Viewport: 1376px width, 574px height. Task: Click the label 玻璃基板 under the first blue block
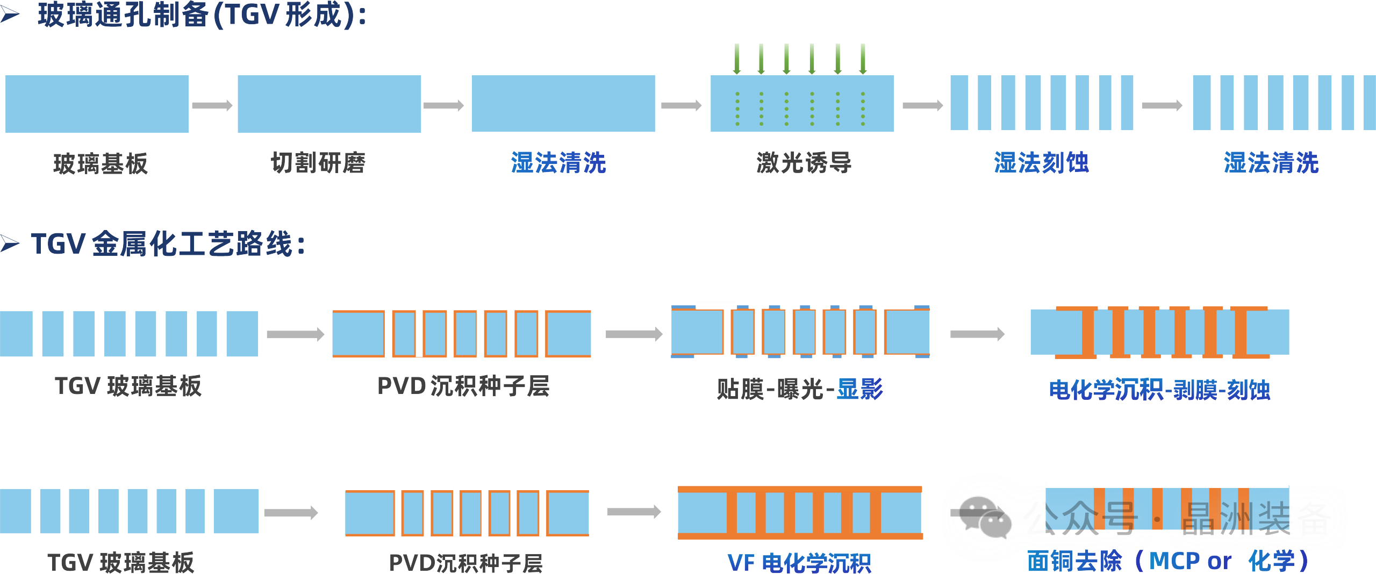click(x=101, y=163)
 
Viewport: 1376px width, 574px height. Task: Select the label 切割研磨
click(x=318, y=163)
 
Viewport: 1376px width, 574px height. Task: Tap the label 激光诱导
click(x=804, y=163)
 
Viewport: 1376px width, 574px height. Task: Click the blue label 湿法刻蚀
click(x=1042, y=163)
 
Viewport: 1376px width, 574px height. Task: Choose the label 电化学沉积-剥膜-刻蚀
click(x=1159, y=390)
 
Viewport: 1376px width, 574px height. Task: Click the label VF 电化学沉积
click(x=799, y=563)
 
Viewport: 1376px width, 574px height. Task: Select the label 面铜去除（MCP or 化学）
click(x=1168, y=561)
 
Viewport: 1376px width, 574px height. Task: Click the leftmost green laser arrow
click(x=737, y=59)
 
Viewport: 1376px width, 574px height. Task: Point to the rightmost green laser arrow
click(x=863, y=59)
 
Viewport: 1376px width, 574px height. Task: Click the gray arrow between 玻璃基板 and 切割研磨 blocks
click(x=212, y=105)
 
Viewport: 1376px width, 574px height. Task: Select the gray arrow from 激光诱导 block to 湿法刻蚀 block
click(x=923, y=105)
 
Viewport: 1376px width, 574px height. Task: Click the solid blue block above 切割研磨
click(x=329, y=104)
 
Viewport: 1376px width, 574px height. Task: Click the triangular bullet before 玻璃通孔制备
click(x=10, y=15)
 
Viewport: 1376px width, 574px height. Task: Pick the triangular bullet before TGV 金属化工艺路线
click(x=10, y=244)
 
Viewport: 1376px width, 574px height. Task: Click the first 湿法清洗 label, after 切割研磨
click(x=558, y=163)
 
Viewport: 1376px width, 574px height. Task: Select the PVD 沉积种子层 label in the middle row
click(x=463, y=386)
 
